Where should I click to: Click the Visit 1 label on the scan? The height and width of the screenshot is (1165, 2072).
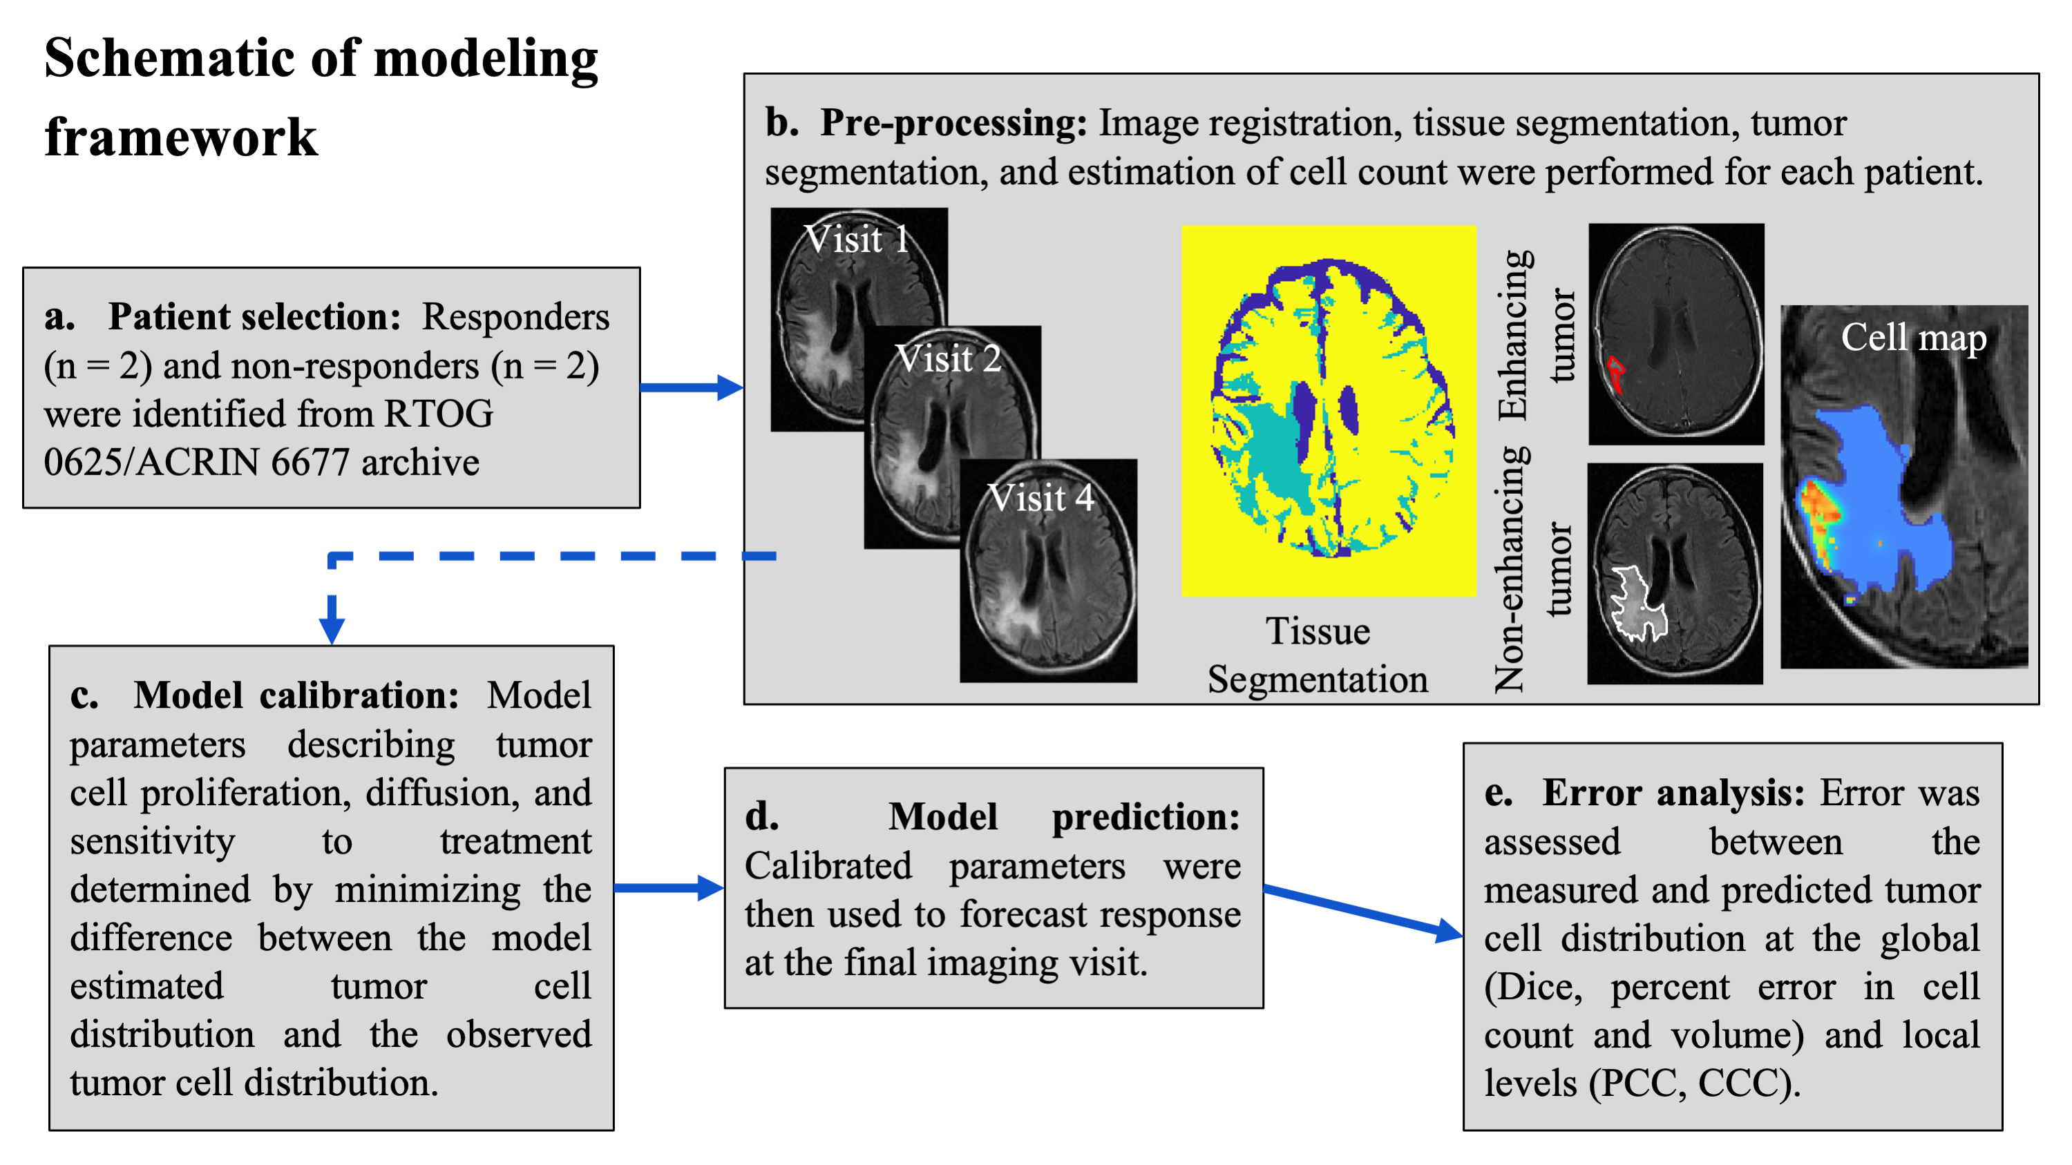click(x=857, y=239)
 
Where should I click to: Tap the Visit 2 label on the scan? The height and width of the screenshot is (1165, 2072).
click(x=949, y=358)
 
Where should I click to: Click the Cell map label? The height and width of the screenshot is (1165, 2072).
click(x=1912, y=337)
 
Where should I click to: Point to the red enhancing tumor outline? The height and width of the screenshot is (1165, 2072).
click(x=1615, y=374)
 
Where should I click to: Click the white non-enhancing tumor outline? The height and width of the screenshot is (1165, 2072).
click(x=1637, y=603)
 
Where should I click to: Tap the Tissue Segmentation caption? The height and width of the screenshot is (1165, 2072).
click(x=1318, y=655)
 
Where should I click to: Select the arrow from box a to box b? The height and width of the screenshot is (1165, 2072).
click(x=692, y=387)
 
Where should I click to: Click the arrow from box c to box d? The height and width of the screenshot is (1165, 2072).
click(x=668, y=887)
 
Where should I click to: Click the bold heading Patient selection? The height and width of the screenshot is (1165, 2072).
click(x=254, y=317)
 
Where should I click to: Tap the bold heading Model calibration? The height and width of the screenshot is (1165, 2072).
click(x=296, y=695)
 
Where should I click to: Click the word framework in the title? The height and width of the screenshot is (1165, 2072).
click(x=181, y=137)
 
